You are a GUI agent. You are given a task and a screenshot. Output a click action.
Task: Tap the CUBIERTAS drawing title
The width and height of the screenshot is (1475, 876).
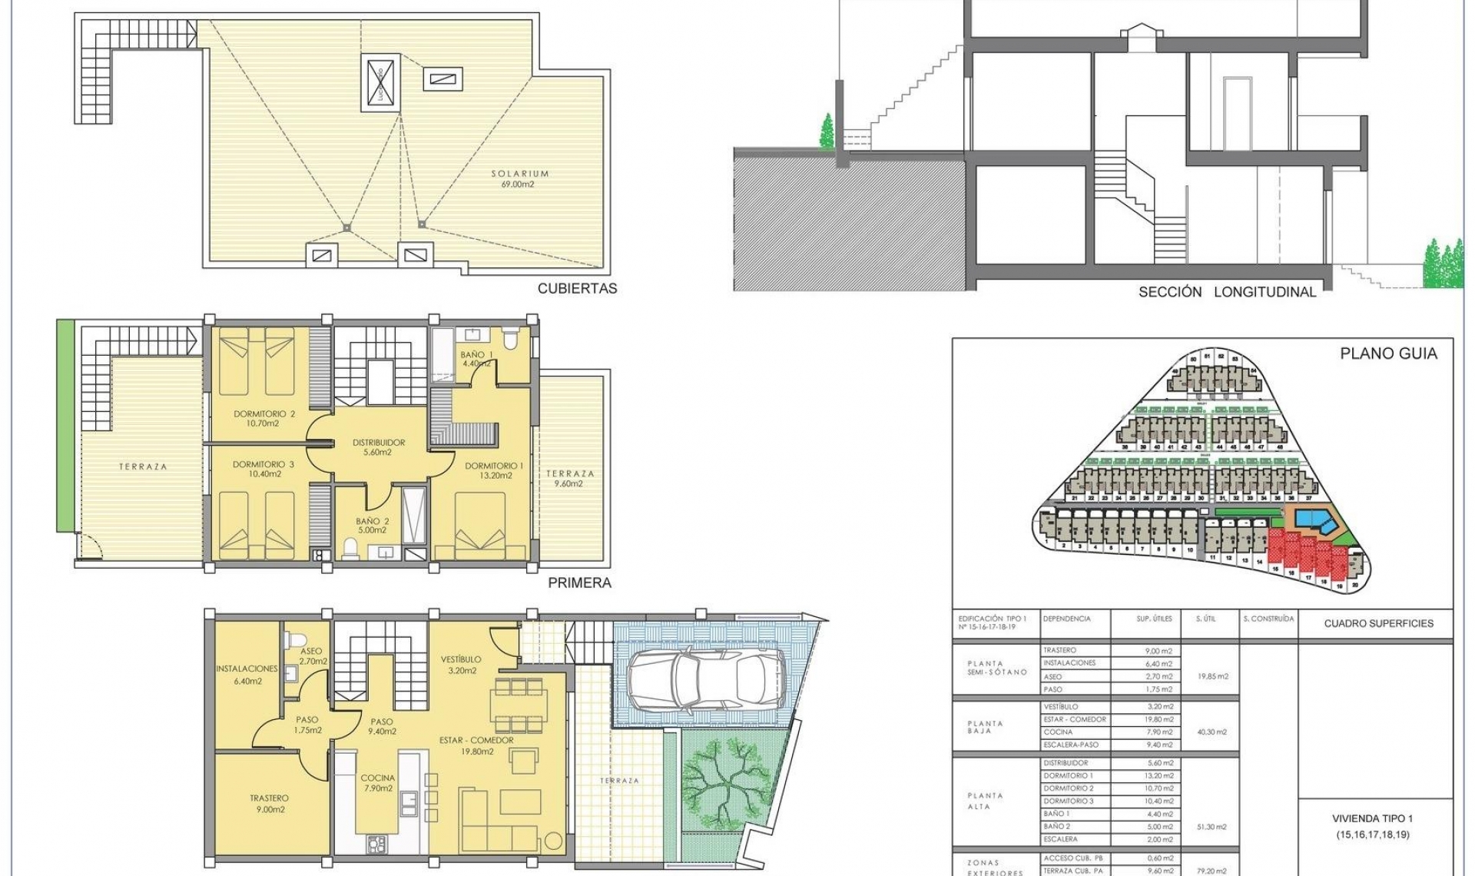pos(577,289)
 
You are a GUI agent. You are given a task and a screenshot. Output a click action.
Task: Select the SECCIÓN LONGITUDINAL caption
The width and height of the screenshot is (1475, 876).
pos(1227,292)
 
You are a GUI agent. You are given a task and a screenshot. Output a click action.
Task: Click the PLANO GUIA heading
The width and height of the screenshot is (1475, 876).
pos(1388,353)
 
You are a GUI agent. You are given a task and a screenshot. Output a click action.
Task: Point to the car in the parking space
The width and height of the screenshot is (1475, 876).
pos(705,677)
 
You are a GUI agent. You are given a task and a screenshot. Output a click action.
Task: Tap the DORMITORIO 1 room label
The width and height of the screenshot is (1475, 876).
pos(494,470)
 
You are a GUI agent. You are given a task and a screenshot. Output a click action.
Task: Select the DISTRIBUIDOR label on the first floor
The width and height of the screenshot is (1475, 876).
pos(378,447)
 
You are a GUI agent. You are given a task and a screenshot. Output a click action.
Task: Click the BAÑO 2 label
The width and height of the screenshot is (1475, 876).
pos(371,526)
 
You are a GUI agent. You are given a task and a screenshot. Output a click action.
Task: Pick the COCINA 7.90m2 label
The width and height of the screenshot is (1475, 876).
pos(377,783)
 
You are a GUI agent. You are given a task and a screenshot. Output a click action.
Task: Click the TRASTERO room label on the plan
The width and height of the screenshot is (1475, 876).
pos(268,804)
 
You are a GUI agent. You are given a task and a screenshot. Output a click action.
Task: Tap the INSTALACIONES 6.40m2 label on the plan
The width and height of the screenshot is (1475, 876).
pos(247,675)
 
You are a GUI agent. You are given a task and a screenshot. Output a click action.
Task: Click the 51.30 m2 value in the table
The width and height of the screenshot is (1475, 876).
pos(1211,827)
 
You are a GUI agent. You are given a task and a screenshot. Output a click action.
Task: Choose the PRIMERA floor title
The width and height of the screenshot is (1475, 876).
pos(579,583)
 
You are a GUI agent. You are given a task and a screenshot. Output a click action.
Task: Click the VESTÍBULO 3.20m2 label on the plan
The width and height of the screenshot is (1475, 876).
pos(461,665)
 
